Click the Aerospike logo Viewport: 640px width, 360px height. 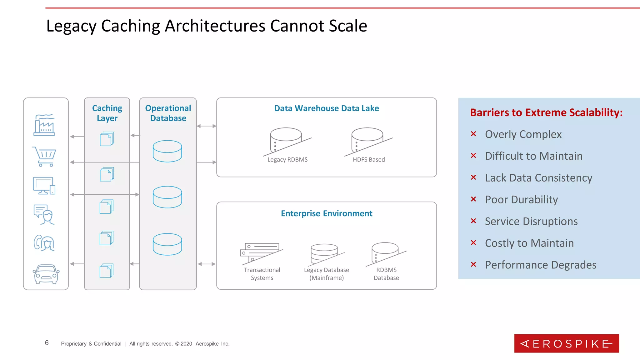click(566, 343)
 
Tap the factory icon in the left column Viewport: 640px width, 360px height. click(44, 125)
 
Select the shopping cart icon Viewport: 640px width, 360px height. click(44, 156)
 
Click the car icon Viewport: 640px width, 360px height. click(46, 274)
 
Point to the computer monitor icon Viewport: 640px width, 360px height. click(44, 186)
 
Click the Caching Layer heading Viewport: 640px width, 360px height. click(107, 113)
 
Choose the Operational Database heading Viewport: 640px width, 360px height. click(168, 113)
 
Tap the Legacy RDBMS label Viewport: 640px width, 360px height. click(287, 160)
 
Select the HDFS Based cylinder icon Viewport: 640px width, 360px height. click(367, 140)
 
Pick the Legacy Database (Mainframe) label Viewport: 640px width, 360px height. click(327, 274)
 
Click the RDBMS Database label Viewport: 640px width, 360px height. click(386, 274)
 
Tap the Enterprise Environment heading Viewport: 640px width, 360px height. click(327, 213)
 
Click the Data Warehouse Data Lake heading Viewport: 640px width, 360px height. click(327, 108)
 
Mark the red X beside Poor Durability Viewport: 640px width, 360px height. click(473, 199)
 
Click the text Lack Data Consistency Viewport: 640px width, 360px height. click(538, 178)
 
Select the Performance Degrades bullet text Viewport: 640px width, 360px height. click(541, 265)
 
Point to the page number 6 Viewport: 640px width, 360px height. click(47, 343)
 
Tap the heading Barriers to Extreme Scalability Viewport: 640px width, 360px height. click(546, 112)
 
